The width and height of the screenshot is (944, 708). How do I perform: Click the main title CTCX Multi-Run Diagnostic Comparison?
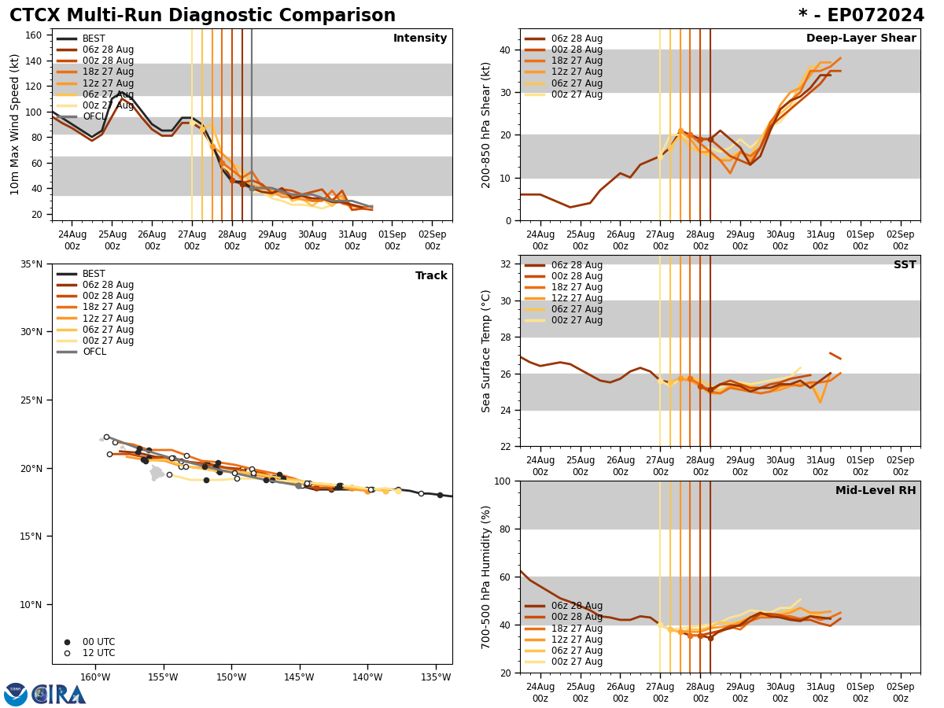pos(202,16)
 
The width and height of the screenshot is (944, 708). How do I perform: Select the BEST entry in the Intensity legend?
pos(94,39)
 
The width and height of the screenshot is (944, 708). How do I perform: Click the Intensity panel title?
pos(420,39)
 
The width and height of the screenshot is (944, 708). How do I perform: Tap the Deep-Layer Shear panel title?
pos(861,39)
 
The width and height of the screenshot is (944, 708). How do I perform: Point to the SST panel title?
pos(905,265)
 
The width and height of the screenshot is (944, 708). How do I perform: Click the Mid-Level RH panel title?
pos(876,491)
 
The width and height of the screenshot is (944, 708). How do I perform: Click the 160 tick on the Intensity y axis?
pos(34,35)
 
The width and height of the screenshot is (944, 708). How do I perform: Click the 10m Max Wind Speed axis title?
pos(15,124)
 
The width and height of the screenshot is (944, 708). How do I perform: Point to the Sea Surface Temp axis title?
pos(486,351)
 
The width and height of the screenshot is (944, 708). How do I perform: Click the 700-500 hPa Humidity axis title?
pos(486,577)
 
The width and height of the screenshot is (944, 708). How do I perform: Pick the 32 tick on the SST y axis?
pos(506,264)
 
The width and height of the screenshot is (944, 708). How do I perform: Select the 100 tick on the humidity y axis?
pos(503,481)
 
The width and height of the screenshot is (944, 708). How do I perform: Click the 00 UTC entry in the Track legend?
pos(98,642)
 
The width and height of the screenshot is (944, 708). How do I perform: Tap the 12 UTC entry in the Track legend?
pos(98,653)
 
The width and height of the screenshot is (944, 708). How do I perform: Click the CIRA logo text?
pos(59,694)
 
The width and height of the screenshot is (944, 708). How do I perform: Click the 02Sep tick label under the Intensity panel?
pos(432,240)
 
